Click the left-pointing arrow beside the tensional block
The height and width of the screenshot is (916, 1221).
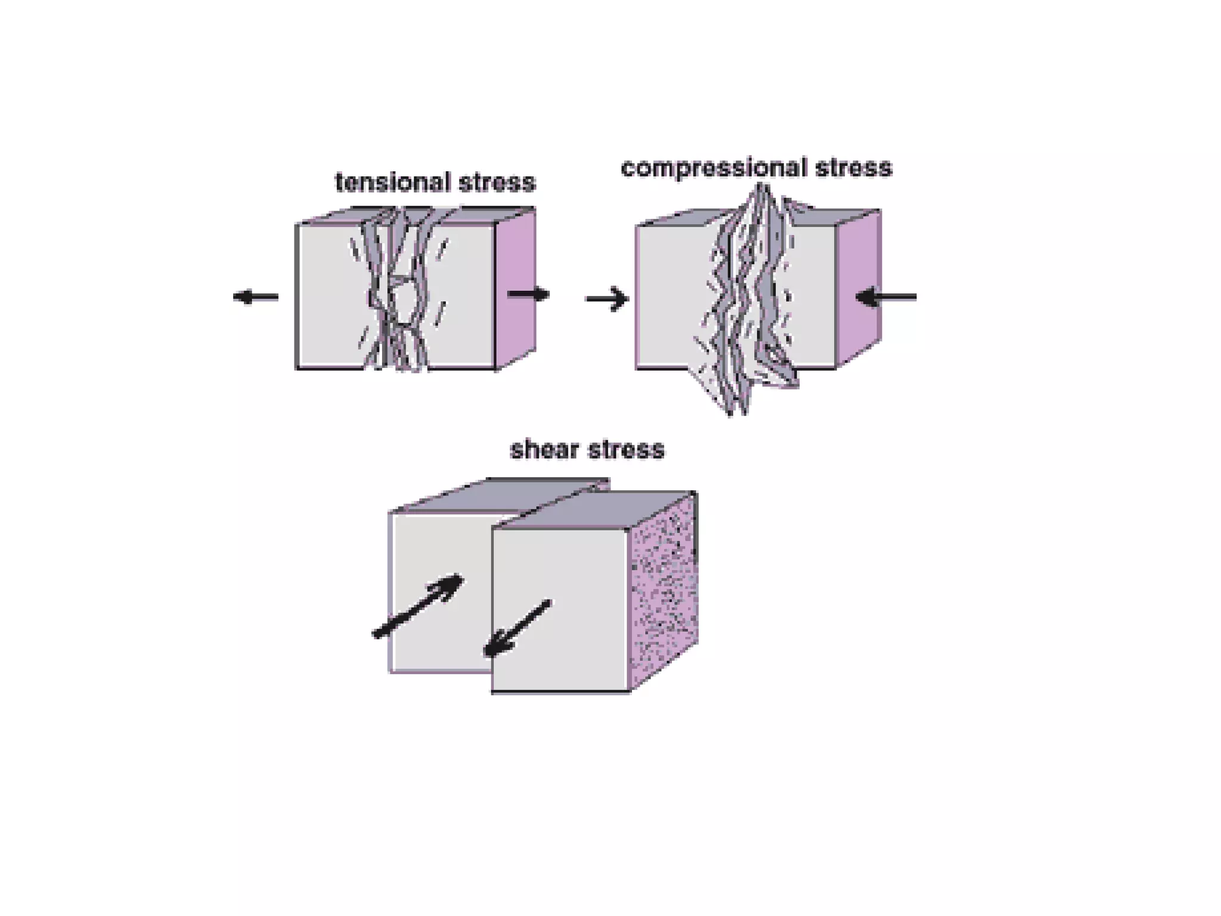(255, 296)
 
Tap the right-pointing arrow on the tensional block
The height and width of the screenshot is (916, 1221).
(528, 293)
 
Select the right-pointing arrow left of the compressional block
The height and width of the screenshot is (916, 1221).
(607, 299)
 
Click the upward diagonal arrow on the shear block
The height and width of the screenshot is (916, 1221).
(418, 606)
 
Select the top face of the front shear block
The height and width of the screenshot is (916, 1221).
(596, 510)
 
